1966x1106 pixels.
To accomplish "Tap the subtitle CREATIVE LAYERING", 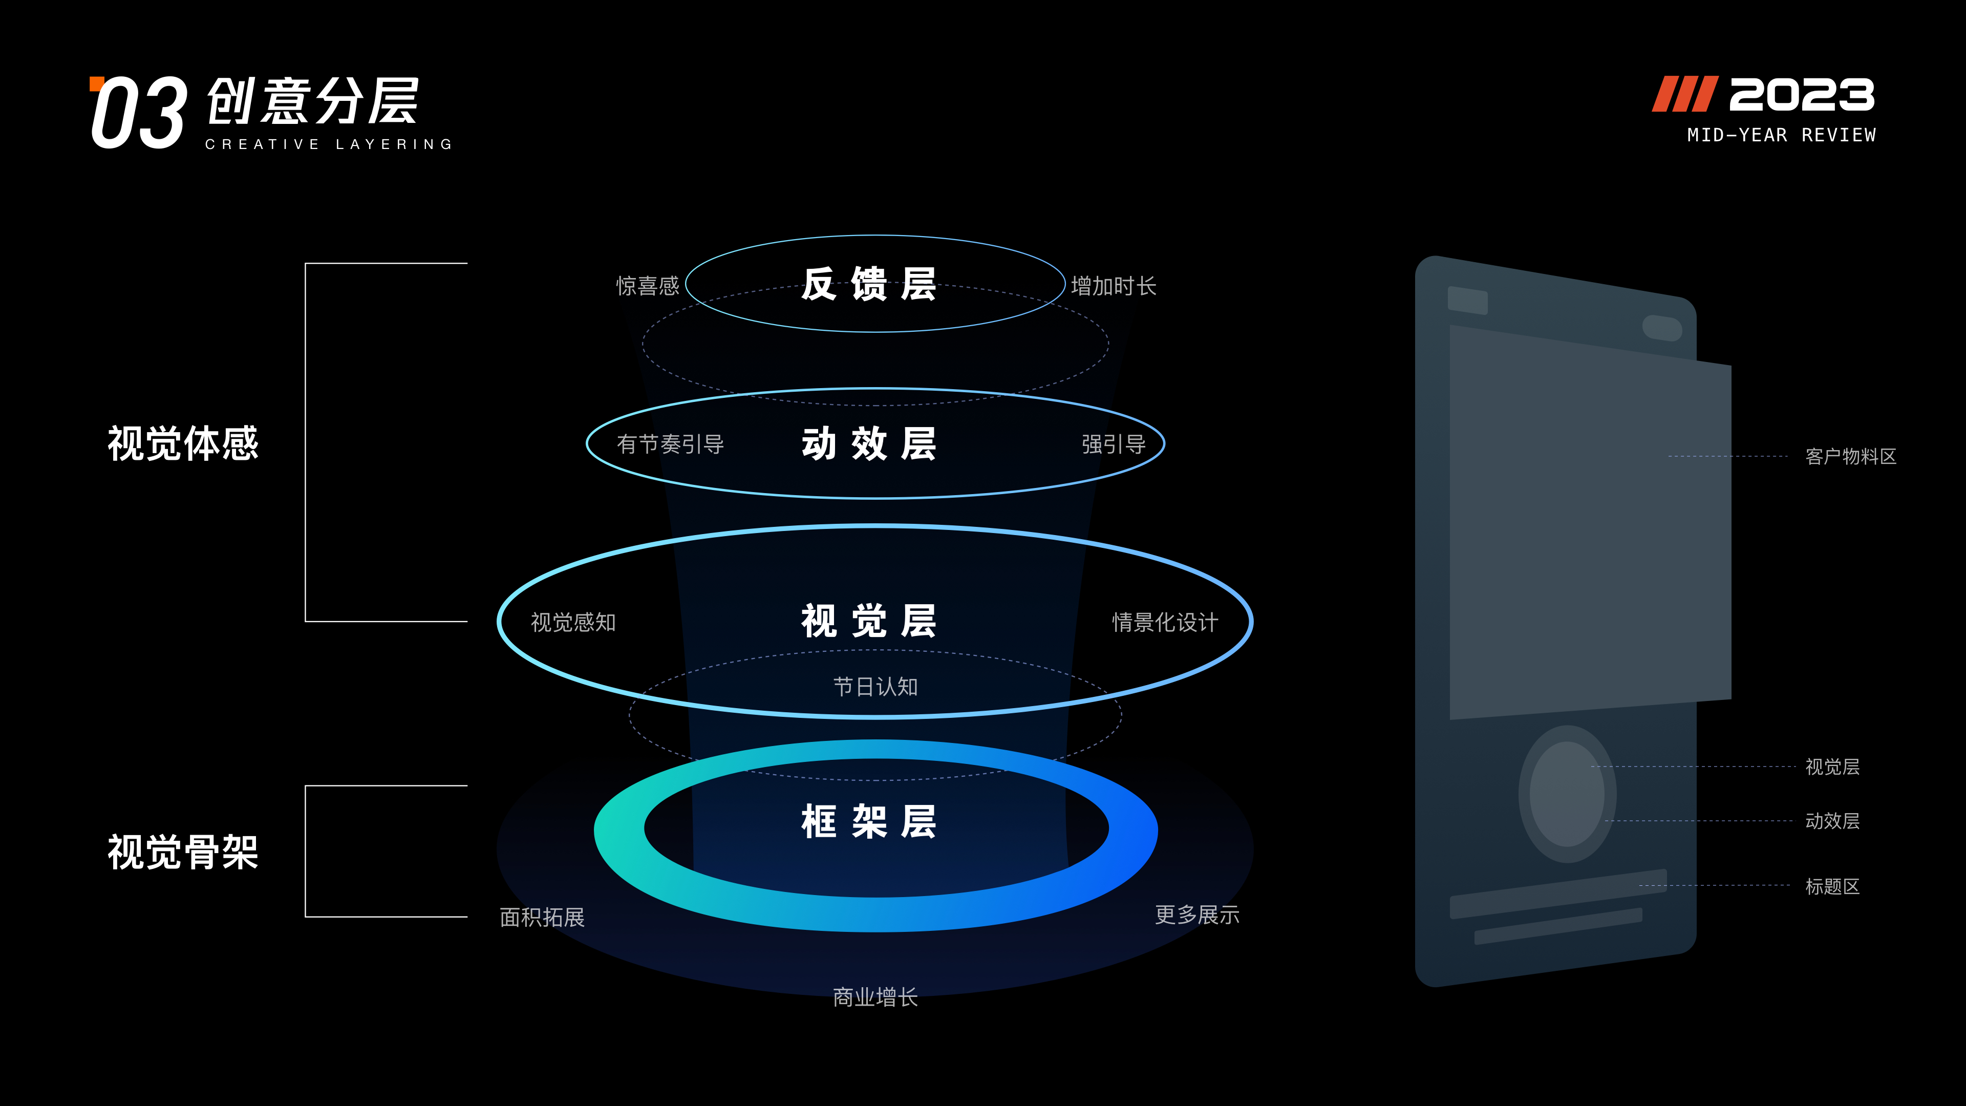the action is (x=329, y=144).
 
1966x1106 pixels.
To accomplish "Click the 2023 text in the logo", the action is (x=1801, y=95).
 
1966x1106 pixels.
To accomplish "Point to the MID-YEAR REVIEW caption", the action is (x=1781, y=135).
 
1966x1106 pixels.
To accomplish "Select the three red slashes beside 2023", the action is (x=1685, y=94).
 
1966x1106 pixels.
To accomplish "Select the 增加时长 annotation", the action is (x=1114, y=286).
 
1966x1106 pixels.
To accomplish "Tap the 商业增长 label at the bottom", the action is (x=875, y=997).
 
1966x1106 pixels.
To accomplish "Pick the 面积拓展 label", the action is (x=542, y=917).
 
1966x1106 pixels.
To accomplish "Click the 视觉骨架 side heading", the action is (x=183, y=852).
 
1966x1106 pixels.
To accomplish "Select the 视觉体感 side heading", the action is (x=183, y=443).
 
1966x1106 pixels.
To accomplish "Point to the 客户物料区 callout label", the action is (x=1851, y=456).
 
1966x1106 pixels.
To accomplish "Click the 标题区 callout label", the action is (x=1832, y=886).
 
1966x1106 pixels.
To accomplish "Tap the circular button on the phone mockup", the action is (x=1567, y=794).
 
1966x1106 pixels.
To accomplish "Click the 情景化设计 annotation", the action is (x=1165, y=622).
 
